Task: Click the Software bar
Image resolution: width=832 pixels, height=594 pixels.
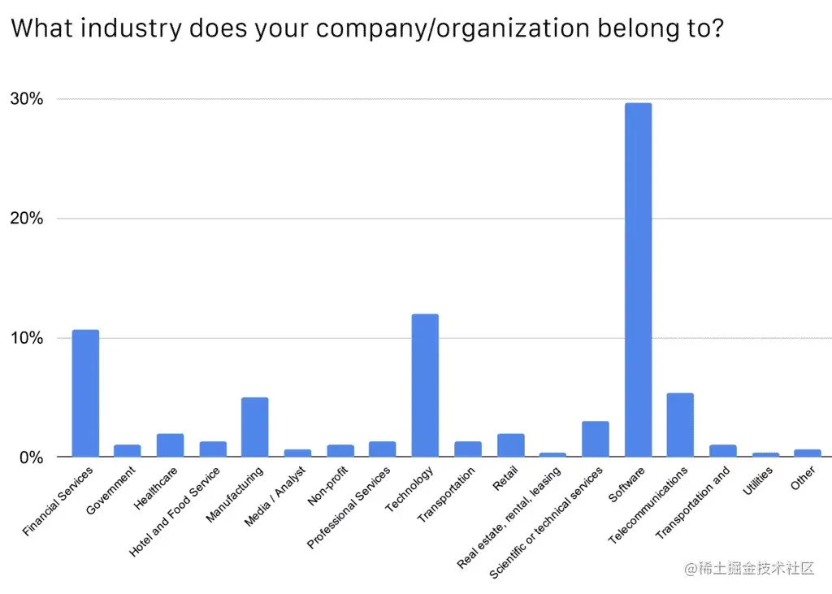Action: pos(638,280)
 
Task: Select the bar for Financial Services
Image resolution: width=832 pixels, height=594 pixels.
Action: pos(85,393)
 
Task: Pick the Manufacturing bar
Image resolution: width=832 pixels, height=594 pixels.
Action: pos(255,427)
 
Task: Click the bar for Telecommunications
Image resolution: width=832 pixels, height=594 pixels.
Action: pos(680,425)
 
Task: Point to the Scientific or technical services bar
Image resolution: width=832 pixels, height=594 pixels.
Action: pos(595,439)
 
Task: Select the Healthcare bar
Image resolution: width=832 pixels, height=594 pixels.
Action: pos(170,445)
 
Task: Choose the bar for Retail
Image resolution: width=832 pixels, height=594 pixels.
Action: pos(510,445)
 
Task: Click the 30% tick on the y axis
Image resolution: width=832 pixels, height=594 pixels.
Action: pos(27,99)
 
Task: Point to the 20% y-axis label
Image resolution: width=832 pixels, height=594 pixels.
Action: pos(27,219)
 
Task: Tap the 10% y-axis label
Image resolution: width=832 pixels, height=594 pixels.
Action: pos(27,338)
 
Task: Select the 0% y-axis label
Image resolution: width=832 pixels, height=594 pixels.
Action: pos(31,457)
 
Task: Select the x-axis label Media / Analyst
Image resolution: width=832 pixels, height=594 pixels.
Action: pos(275,497)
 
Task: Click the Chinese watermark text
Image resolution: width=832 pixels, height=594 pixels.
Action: pos(749,569)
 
